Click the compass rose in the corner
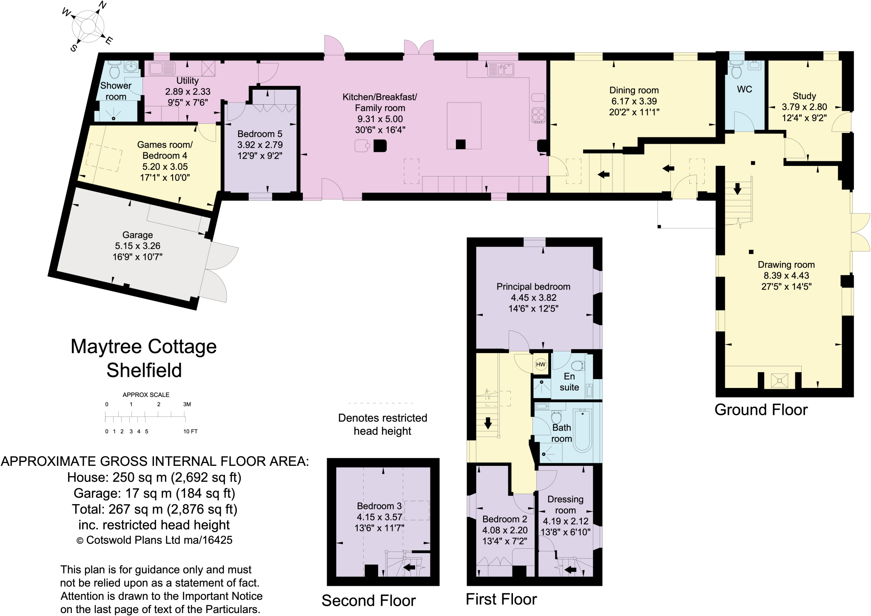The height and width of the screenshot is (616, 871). tap(88, 26)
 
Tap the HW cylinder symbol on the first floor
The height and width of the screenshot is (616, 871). tap(541, 365)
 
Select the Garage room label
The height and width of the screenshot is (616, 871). tap(137, 235)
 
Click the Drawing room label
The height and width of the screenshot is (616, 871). tap(786, 265)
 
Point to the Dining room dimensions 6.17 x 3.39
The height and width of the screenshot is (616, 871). tap(634, 101)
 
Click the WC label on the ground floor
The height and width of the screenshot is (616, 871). tap(744, 89)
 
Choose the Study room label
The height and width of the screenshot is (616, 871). tap(804, 96)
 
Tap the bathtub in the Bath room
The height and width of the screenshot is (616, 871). tap(582, 430)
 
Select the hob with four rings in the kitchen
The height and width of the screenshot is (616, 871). tap(538, 115)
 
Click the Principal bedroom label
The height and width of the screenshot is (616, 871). tap(533, 287)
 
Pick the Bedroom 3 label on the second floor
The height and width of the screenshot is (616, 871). tap(379, 506)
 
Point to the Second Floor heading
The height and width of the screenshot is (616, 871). tap(368, 600)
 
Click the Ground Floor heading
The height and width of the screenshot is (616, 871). tap(761, 410)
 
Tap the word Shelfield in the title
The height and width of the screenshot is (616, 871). tap(144, 370)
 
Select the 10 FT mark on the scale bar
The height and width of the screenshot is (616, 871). tap(190, 431)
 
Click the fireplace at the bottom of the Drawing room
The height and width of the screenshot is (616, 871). tap(779, 380)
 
